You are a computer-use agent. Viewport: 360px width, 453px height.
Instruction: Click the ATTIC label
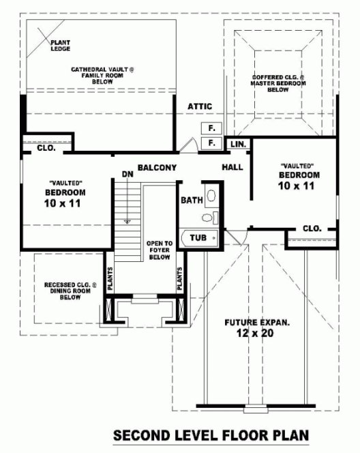click(200, 106)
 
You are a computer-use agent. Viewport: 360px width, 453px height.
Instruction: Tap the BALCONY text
click(157, 168)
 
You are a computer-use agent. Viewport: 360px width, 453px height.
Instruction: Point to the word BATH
click(192, 201)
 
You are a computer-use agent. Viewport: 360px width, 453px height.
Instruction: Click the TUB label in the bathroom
click(198, 237)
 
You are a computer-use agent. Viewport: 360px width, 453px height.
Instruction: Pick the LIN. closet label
click(237, 145)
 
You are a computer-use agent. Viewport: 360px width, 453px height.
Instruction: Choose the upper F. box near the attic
click(211, 128)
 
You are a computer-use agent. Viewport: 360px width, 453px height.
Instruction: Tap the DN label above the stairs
click(126, 174)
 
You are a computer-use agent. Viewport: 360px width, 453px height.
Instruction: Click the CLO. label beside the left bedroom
click(46, 147)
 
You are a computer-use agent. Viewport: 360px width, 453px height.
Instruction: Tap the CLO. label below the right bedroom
click(312, 229)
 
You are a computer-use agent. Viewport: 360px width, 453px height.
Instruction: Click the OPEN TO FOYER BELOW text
click(159, 250)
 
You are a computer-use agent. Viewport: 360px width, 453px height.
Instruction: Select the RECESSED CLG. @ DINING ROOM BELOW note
click(71, 291)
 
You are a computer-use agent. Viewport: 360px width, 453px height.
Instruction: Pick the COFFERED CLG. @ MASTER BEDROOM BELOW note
click(277, 83)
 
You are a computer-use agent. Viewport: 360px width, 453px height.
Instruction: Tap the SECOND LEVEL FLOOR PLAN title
click(211, 435)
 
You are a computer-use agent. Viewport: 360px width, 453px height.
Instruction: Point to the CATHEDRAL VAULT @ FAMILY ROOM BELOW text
click(103, 76)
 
